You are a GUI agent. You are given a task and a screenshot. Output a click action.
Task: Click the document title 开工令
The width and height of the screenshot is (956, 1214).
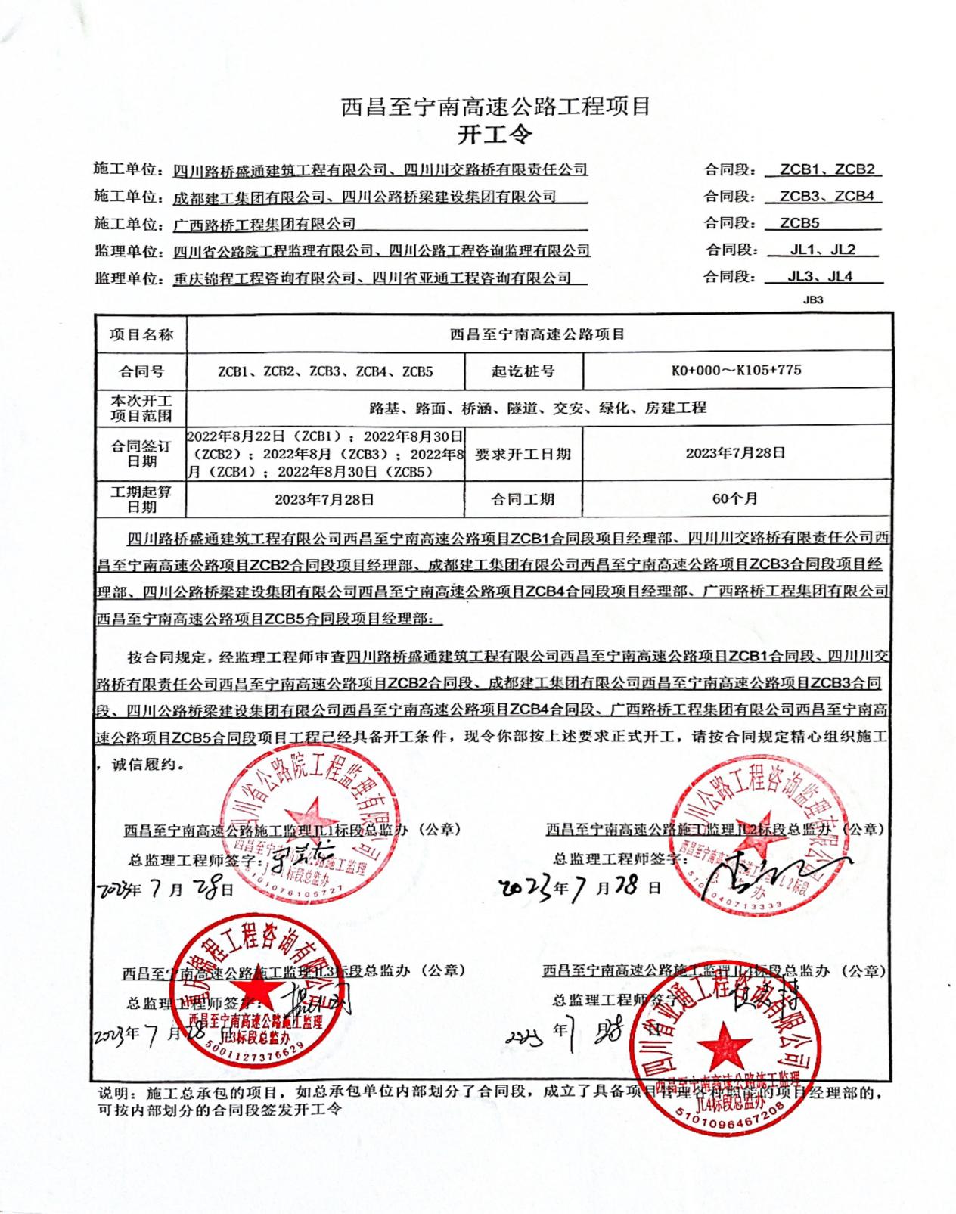(x=496, y=135)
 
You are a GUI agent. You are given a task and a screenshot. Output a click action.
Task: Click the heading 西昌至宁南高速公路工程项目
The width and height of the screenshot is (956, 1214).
(x=496, y=107)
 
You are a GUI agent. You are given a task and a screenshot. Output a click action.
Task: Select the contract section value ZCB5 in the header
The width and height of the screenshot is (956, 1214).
(x=799, y=223)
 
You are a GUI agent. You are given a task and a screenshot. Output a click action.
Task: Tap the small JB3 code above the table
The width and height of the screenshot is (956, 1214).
(x=813, y=300)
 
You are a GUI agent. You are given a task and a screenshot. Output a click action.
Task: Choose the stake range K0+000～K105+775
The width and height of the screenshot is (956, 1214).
(x=736, y=371)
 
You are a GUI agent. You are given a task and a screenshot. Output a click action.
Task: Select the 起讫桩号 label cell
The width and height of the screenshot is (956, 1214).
(x=523, y=371)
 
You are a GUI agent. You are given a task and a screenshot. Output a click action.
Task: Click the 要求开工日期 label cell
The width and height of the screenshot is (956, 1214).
(x=523, y=454)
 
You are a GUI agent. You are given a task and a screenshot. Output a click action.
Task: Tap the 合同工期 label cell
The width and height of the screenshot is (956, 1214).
(x=523, y=499)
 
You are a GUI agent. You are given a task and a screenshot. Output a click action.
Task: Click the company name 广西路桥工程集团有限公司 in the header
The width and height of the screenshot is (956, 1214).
(x=264, y=224)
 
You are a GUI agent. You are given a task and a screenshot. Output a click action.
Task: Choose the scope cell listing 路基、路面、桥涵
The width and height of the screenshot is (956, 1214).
(x=538, y=408)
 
